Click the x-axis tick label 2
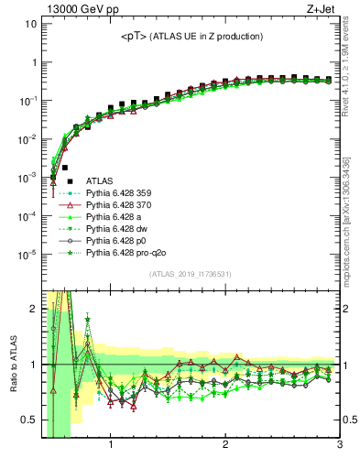click(x=225, y=446)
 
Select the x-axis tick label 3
click(x=339, y=446)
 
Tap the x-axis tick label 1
click(x=111, y=446)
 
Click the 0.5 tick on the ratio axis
click(x=29, y=420)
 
